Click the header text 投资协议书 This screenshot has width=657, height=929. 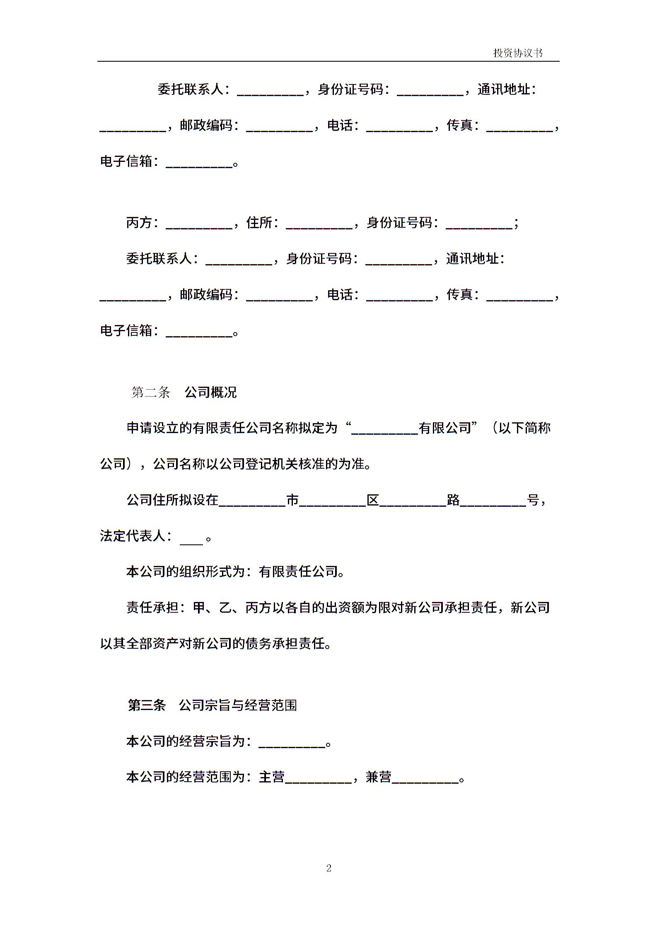pyautogui.click(x=518, y=53)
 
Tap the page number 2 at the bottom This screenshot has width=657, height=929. pyautogui.click(x=329, y=868)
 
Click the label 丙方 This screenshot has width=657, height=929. pyautogui.click(x=139, y=223)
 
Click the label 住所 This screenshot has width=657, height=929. pyautogui.click(x=259, y=223)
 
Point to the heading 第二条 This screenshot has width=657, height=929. pyautogui.click(x=150, y=392)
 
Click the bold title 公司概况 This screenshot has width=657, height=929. pyautogui.click(x=210, y=392)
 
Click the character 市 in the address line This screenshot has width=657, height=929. pyautogui.click(x=292, y=501)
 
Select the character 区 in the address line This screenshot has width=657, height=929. pyautogui.click(x=373, y=501)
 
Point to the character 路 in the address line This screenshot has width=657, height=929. pyautogui.click(x=453, y=501)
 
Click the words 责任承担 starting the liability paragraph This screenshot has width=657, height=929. pyautogui.click(x=152, y=608)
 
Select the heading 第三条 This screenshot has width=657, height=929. pyautogui.click(x=147, y=705)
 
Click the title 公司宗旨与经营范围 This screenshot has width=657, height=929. pyautogui.click(x=238, y=705)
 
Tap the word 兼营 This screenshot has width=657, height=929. pyautogui.click(x=379, y=777)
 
